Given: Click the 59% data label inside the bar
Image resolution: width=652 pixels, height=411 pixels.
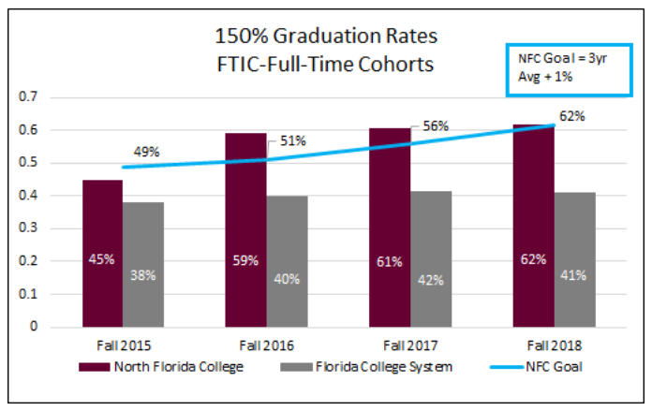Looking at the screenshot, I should coord(246,260).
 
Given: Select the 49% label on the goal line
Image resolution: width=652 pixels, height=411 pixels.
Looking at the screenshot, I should coord(147,150).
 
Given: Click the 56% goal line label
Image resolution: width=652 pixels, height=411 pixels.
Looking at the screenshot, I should coord(436,125).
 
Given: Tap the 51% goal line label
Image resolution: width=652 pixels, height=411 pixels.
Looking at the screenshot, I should coord(291,141).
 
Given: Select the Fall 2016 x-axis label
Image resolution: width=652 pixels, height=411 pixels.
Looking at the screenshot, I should coord(267,344).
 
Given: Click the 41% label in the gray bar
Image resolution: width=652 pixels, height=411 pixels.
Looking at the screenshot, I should coord(572,275).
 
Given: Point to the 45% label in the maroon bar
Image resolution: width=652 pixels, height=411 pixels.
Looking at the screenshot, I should coord(101,259).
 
